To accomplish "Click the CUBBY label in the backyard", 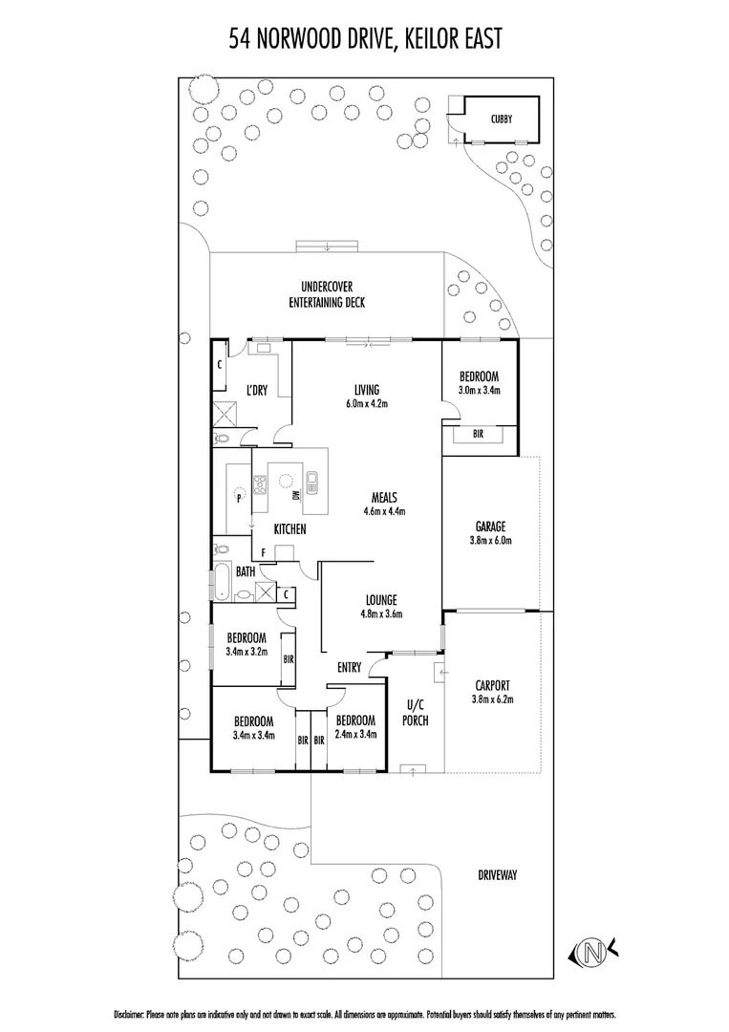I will (x=501, y=119).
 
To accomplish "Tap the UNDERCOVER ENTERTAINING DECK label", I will (x=327, y=294).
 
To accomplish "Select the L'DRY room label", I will (x=256, y=390).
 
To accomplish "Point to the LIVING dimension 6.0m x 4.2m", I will (x=366, y=403).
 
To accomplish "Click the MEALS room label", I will (x=384, y=498).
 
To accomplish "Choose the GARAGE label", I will (x=490, y=527).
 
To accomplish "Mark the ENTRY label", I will (x=349, y=668).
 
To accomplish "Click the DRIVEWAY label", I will (x=498, y=875).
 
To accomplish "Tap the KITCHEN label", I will (x=289, y=528).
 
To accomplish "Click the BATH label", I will (x=246, y=571).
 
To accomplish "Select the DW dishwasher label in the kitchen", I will (x=296, y=494).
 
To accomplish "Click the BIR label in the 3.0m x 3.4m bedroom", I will (x=479, y=434).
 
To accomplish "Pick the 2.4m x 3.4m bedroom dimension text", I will (x=355, y=735).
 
